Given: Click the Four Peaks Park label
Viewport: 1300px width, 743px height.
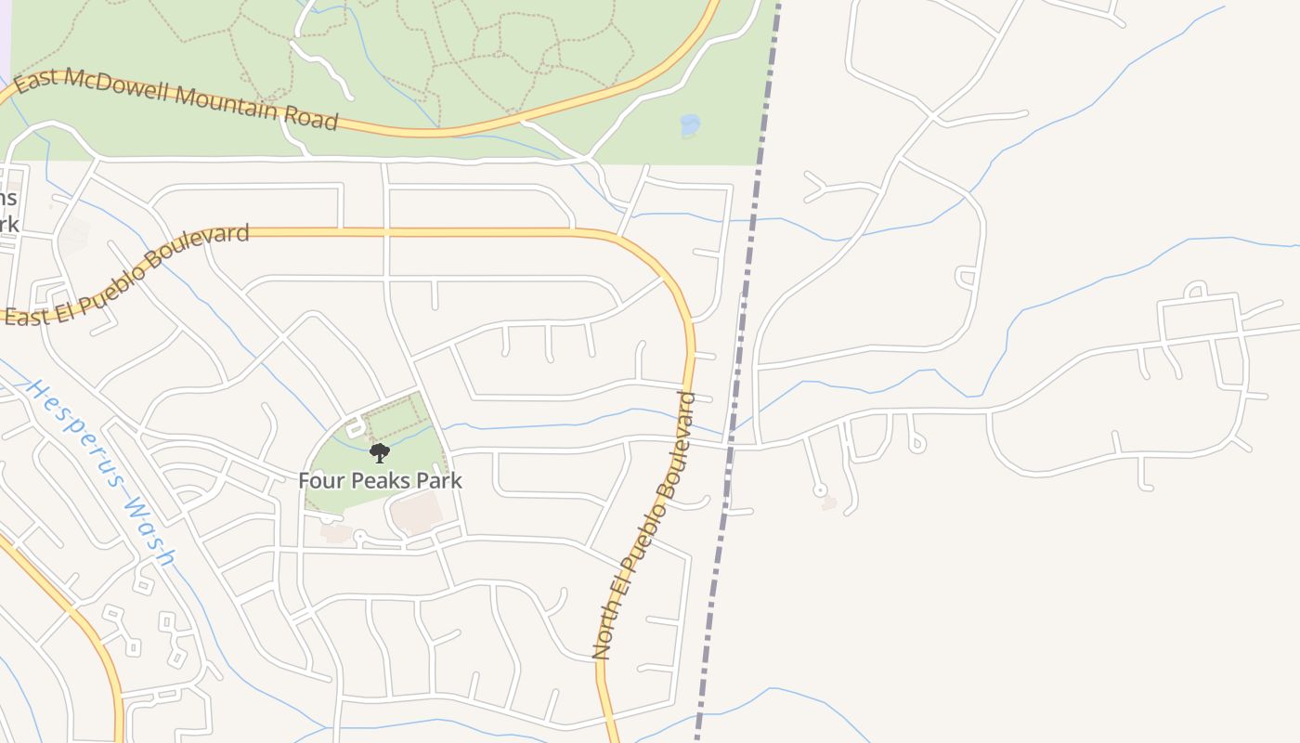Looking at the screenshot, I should click(380, 481).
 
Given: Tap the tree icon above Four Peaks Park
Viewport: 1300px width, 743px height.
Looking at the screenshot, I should click(379, 453).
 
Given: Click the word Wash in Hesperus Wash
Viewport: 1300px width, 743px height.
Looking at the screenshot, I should click(149, 531).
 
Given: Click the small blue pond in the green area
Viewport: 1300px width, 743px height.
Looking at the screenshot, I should click(689, 125).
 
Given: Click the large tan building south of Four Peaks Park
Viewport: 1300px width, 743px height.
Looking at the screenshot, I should click(415, 513).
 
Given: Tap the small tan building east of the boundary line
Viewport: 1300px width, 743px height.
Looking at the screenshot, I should click(828, 502).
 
